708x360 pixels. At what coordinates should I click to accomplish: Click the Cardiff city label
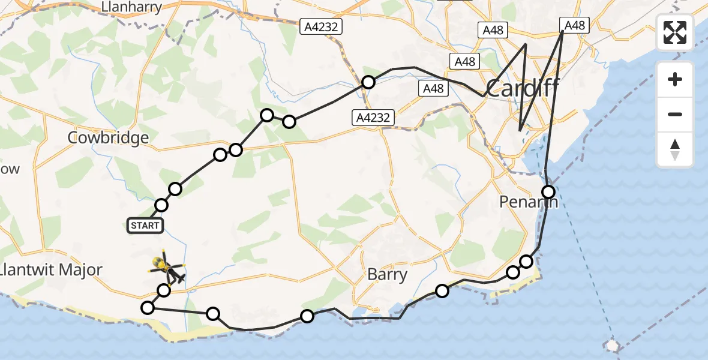pos(521,89)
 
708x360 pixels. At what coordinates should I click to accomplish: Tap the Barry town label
pos(387,275)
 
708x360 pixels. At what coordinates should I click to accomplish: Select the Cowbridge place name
pos(108,138)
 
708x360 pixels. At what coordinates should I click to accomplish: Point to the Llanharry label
pos(132,7)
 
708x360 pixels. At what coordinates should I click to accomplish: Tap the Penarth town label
pos(528,202)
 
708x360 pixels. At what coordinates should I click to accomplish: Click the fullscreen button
pos(675,33)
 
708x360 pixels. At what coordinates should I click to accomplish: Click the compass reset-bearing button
pos(675,149)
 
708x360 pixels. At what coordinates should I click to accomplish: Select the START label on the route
pos(145,226)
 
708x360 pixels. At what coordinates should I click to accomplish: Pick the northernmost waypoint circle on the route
pos(368,82)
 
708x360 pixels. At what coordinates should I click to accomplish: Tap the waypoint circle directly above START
pos(161,205)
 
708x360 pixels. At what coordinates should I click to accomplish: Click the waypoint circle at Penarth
pos(548,192)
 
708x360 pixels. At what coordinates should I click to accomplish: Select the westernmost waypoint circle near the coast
pos(148,308)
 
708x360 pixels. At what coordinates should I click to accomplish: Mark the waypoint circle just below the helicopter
pos(164,290)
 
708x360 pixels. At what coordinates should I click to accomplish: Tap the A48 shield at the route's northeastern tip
pos(574,25)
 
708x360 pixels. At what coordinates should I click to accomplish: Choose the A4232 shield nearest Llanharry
pos(322,26)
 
